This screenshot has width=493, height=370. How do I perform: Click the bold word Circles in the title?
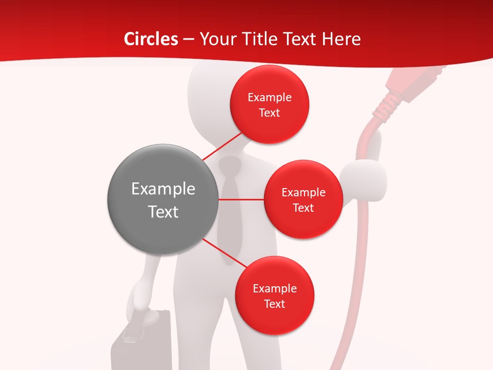pyautogui.click(x=151, y=39)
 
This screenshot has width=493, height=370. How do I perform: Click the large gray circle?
pyautogui.click(x=163, y=199)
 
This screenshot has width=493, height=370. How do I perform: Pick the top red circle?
pyautogui.click(x=269, y=104)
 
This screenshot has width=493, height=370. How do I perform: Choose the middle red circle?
pyautogui.click(x=303, y=199)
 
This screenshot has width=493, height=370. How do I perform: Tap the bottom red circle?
pyautogui.click(x=274, y=295)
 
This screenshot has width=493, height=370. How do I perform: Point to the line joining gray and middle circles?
pyautogui.click(x=241, y=199)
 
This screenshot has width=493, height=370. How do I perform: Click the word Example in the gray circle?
pyautogui.click(x=163, y=189)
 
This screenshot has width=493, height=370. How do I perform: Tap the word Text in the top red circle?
pyautogui.click(x=269, y=113)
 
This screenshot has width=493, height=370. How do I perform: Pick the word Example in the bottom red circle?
pyautogui.click(x=274, y=288)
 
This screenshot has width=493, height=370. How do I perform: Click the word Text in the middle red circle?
pyautogui.click(x=303, y=208)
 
